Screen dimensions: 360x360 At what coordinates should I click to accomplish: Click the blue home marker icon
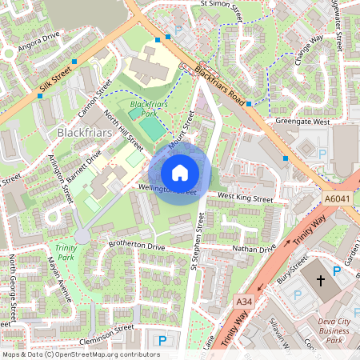tap(180, 173)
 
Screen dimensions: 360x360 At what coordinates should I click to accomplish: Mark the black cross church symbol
tap(322, 281)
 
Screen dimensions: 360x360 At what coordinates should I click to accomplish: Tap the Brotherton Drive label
tap(137, 248)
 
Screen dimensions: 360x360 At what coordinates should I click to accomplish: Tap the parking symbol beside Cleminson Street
tap(162, 340)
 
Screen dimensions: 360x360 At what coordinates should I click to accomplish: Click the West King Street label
tap(246, 197)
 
